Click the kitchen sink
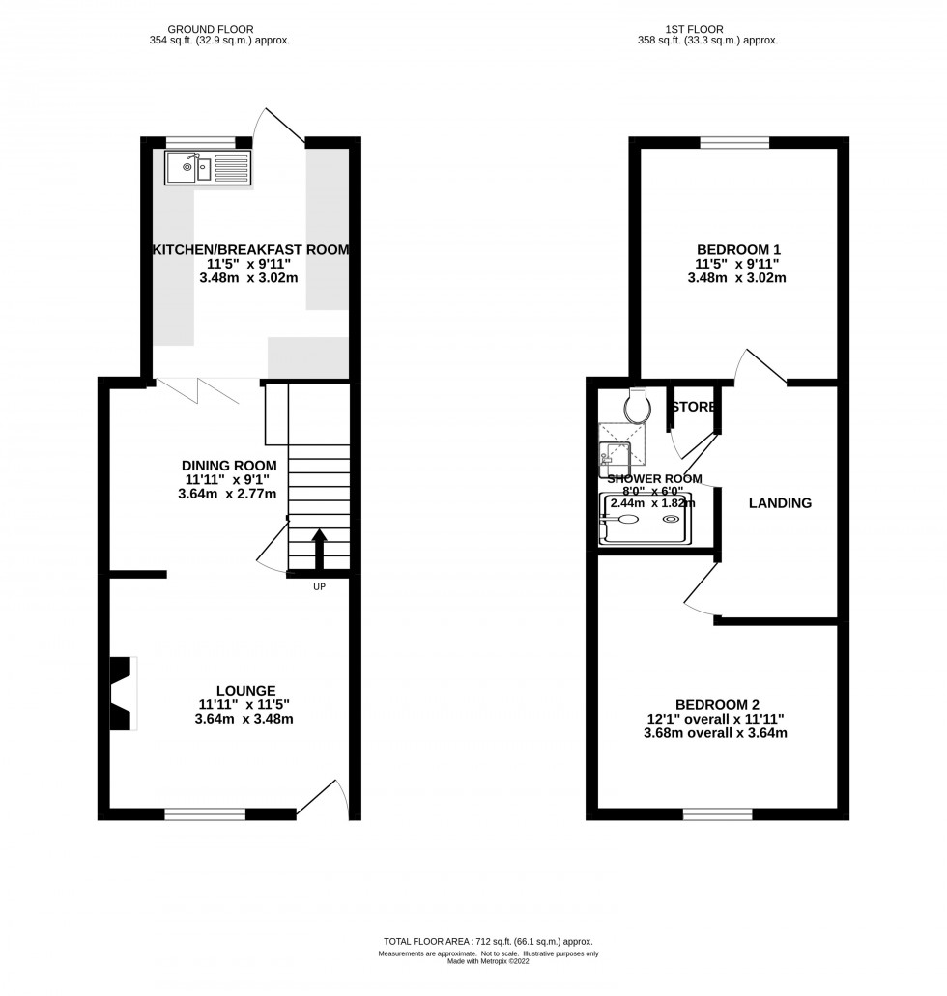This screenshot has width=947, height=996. click(208, 168)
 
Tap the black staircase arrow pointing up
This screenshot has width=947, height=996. click(319, 550)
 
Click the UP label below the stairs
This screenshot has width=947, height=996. click(319, 587)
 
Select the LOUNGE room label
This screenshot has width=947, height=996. click(246, 691)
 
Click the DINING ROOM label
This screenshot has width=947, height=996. click(229, 466)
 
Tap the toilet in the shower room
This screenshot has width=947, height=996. click(638, 405)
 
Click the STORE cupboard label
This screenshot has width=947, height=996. click(694, 407)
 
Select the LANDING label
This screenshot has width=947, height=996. click(780, 503)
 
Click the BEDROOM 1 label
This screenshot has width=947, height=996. click(738, 249)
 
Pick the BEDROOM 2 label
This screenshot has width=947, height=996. click(717, 704)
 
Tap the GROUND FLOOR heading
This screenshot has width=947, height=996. click(211, 29)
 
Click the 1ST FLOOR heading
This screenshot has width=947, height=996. click(694, 29)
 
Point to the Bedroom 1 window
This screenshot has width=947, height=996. click(734, 142)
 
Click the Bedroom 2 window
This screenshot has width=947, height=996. click(718, 813)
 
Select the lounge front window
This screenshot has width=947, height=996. click(205, 813)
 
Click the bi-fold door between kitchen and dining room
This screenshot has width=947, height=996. click(197, 390)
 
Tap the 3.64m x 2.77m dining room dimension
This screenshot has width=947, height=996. click(227, 494)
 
